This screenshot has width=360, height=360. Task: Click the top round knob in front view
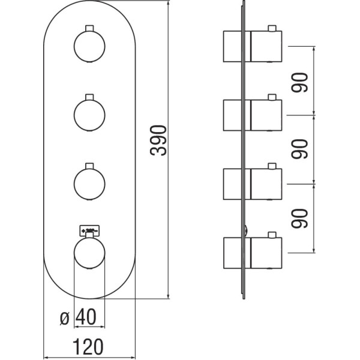89,46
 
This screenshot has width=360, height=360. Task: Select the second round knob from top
89,114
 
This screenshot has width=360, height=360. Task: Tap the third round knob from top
89,182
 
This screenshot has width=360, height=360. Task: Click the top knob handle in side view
266,47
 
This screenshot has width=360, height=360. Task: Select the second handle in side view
266,115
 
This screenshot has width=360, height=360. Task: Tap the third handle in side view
266,183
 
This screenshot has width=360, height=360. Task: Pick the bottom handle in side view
266,251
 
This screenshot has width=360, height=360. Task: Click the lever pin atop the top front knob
89,28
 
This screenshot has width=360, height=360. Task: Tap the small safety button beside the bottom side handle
247,229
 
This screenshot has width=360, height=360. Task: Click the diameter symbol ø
66,317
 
